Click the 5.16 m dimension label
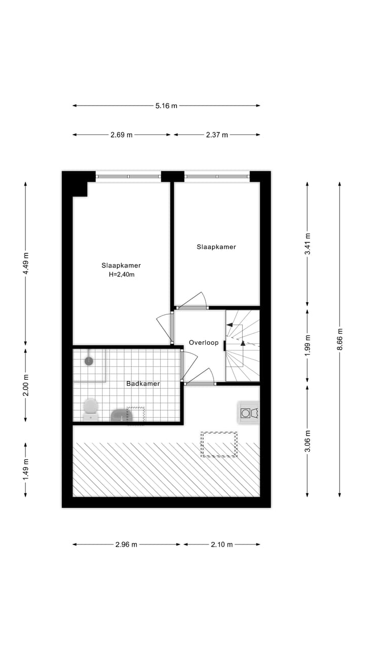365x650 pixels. (166, 106)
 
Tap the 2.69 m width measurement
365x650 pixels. (122, 135)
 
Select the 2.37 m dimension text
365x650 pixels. (217, 135)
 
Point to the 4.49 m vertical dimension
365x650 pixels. (26, 263)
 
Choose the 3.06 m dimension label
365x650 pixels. (307, 440)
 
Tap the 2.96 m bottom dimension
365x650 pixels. (126, 544)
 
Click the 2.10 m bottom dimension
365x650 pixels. (222, 544)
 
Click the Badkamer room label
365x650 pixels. (143, 383)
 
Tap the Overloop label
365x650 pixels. (203, 343)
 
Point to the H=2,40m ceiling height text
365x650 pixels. (121, 274)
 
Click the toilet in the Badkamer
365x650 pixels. (91, 409)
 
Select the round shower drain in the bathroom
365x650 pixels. (89, 361)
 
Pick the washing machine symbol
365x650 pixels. (248, 412)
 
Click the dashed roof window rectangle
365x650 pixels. (219, 444)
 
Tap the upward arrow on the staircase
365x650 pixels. (243, 343)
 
